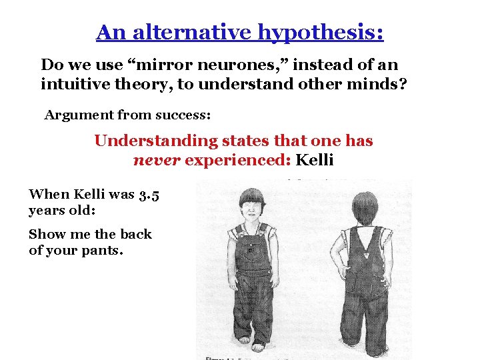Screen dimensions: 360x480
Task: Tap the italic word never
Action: [x=157, y=161]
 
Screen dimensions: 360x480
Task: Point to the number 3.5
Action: [x=149, y=194]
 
